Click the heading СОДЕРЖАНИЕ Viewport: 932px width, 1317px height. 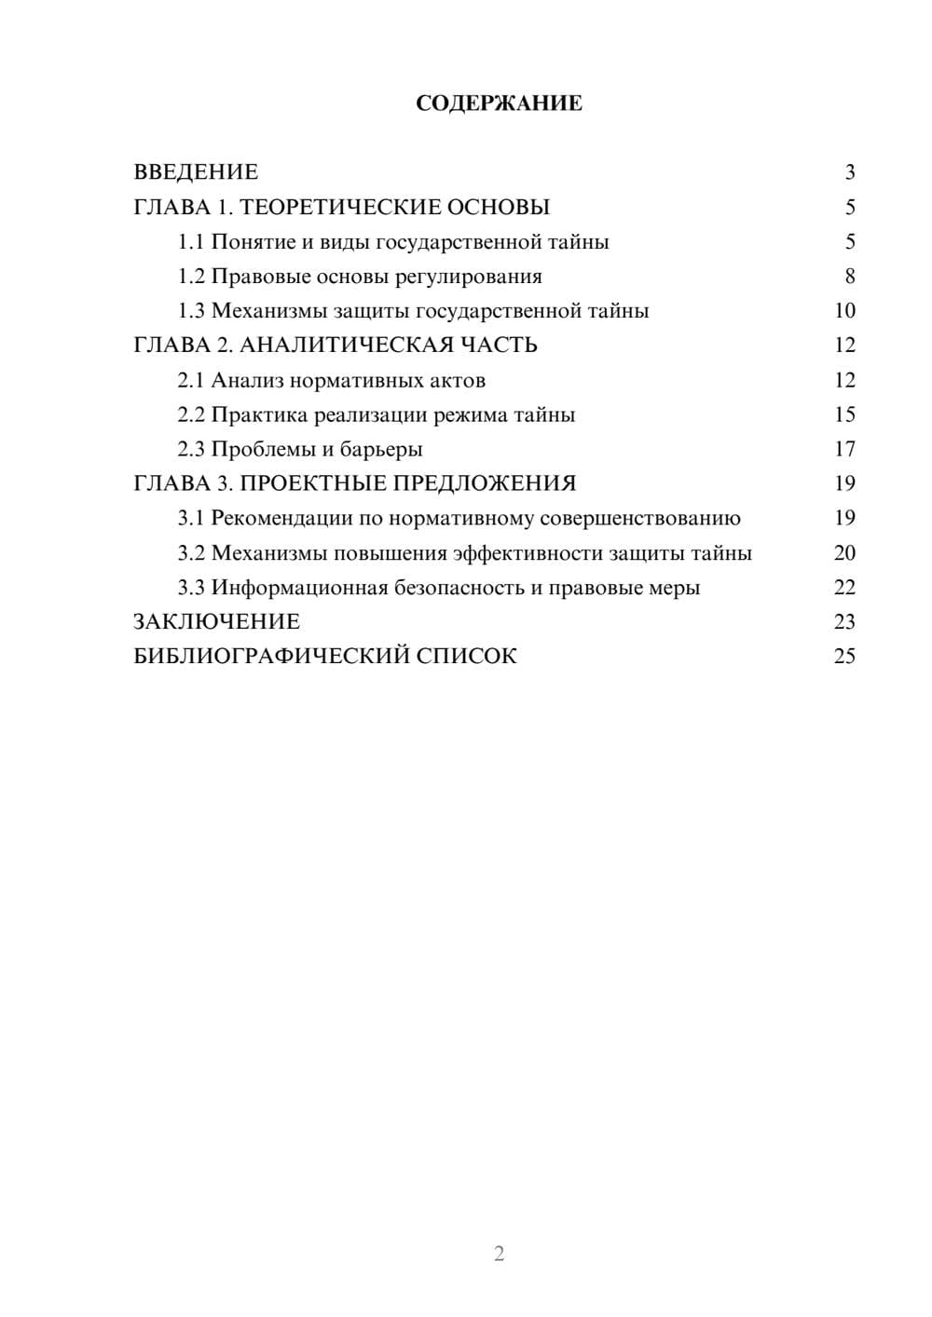point(499,103)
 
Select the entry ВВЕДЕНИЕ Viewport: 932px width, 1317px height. point(196,172)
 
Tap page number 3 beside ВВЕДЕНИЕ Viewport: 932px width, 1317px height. point(849,172)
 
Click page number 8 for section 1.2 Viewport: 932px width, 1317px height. point(849,277)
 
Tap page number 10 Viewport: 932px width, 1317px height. point(844,311)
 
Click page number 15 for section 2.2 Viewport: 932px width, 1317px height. point(844,414)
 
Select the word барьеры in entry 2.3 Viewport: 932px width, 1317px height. point(381,450)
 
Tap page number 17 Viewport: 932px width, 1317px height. point(844,449)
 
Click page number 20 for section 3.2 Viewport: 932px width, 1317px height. point(844,553)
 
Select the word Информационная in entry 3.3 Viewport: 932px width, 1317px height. point(299,588)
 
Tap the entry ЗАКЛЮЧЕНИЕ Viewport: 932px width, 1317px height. point(217,622)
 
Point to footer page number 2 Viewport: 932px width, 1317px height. point(499,1254)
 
